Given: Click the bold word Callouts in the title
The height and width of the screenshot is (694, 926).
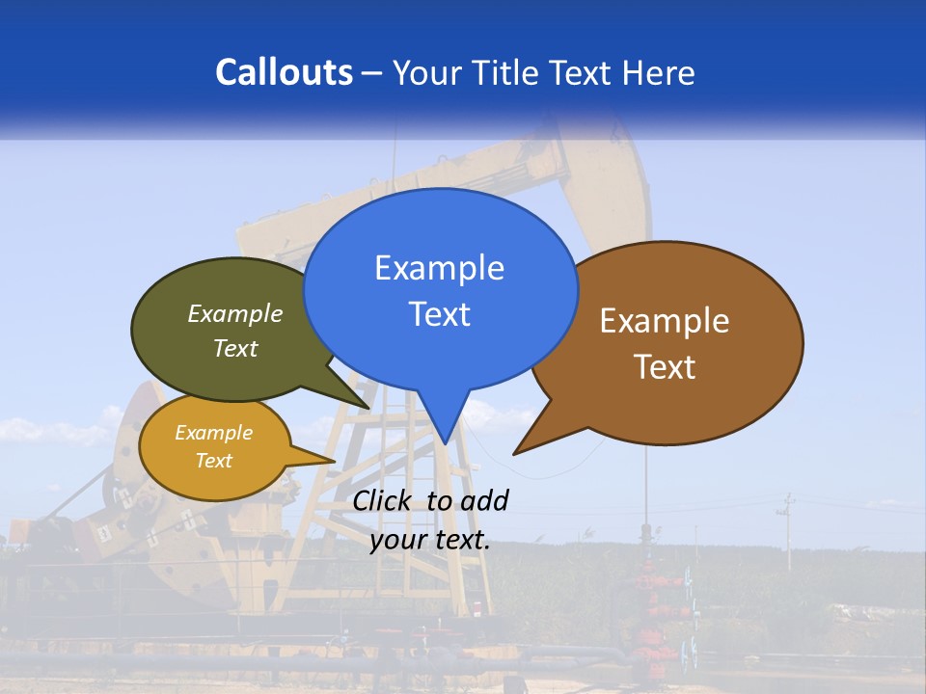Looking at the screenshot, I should tap(284, 72).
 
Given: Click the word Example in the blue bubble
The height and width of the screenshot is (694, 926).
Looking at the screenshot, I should tap(439, 268).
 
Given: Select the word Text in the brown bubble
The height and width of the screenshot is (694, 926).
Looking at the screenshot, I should tap(665, 366).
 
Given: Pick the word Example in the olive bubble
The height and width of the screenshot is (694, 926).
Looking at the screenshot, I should tap(235, 314).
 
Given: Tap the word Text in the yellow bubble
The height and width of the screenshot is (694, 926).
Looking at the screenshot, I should tap(213, 461).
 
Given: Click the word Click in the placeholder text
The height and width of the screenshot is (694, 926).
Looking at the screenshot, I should tap(384, 500).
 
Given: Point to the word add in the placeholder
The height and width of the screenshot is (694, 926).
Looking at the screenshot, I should tap(483, 500).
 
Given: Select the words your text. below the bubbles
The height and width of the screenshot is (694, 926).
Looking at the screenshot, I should tap(429, 540).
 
